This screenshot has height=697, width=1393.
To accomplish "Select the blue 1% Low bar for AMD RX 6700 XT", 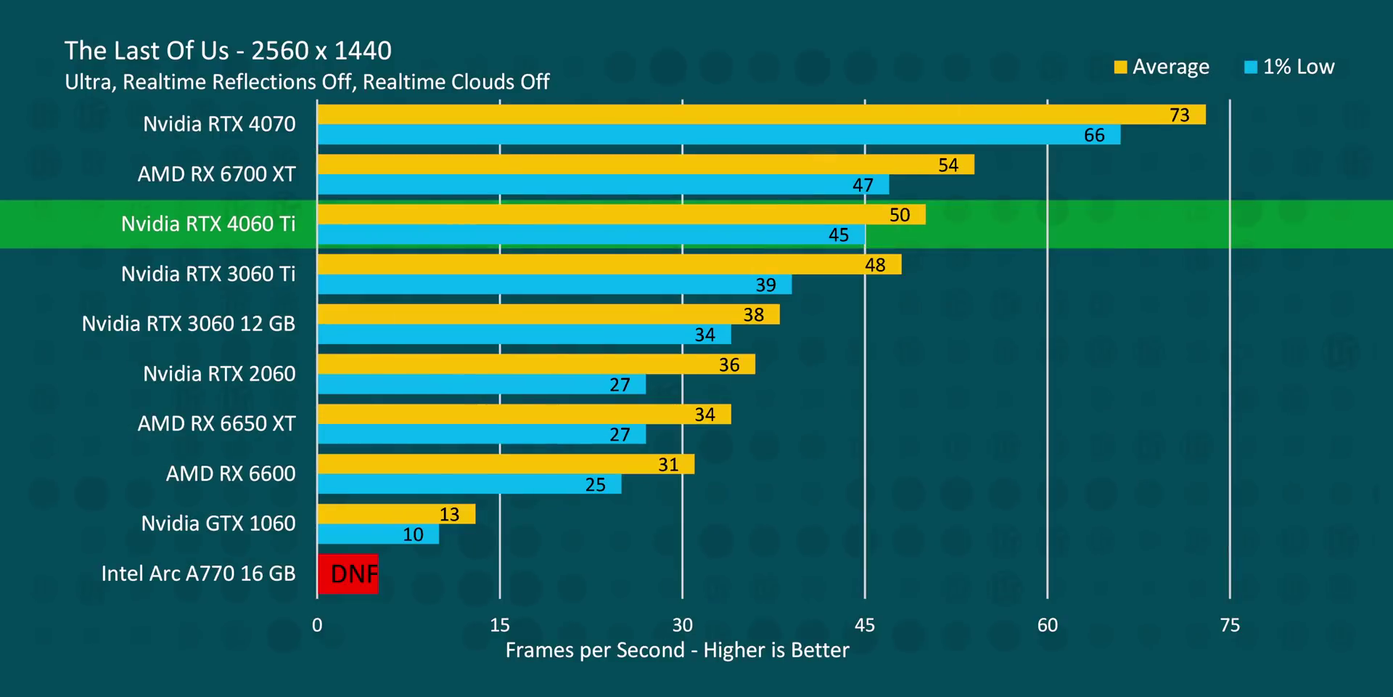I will [602, 184].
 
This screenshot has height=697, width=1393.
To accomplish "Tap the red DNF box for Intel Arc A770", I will [348, 574].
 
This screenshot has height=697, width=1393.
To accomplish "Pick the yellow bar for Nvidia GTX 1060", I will [396, 514].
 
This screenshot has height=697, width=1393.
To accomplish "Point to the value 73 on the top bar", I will [1180, 115].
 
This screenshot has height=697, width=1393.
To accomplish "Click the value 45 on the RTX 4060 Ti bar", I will [839, 235].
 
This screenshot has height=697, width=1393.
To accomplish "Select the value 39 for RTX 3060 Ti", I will [766, 285].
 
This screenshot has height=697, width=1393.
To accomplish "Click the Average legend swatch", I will [1120, 67].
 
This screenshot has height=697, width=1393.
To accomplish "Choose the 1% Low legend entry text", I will [1299, 67].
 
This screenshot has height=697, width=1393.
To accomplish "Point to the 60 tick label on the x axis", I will [1047, 625].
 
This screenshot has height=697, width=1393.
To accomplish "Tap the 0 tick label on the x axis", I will [317, 625].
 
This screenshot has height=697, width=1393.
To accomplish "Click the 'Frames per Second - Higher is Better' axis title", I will [677, 650].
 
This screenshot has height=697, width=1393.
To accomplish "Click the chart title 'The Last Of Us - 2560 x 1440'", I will [228, 51].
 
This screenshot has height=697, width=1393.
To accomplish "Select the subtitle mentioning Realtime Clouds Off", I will [307, 82].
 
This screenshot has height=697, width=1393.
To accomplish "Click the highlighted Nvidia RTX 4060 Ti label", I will [208, 224].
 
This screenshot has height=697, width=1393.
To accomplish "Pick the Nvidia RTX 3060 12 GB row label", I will [189, 323].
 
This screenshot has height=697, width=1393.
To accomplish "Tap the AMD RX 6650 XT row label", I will [217, 423].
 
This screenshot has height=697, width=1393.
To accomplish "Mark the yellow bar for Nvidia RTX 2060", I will [536, 364].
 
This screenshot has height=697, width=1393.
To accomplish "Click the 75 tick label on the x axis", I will [1230, 625].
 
